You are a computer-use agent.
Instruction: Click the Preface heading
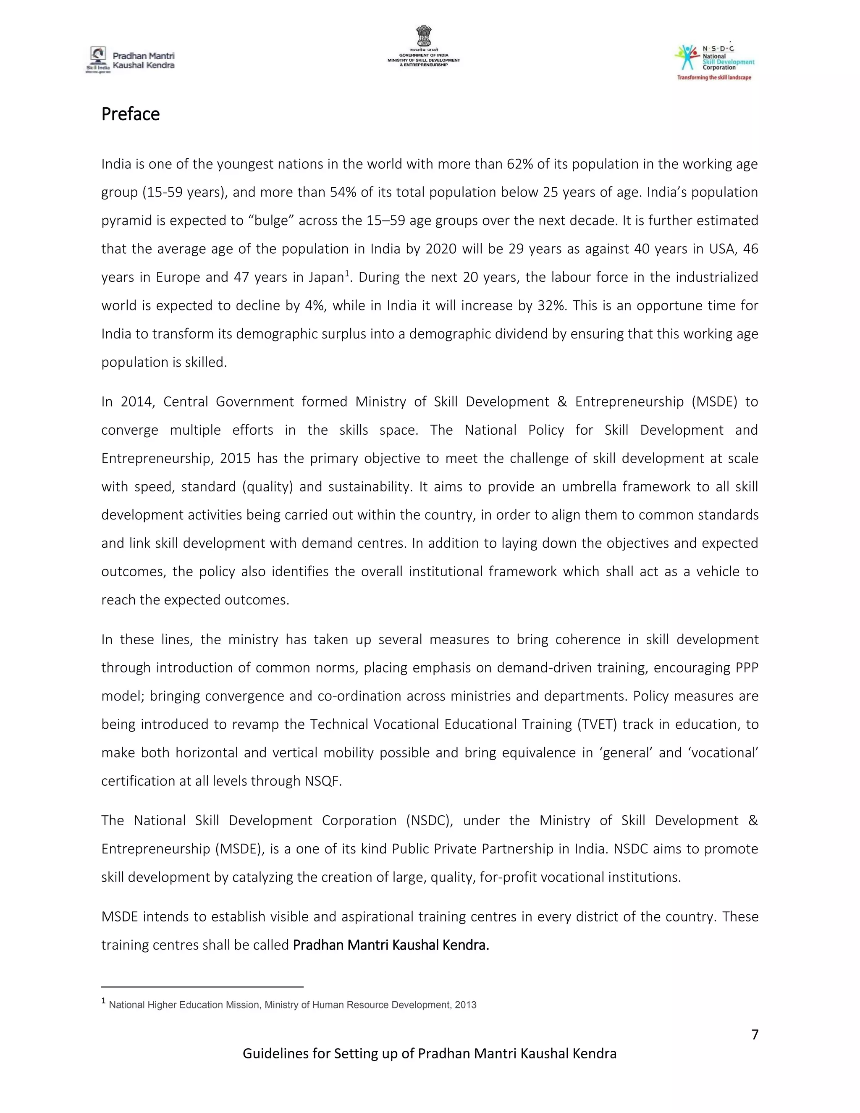pyautogui.click(x=131, y=114)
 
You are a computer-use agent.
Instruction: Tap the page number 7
pyautogui.click(x=755, y=1034)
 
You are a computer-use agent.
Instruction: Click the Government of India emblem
pyautogui.click(x=423, y=37)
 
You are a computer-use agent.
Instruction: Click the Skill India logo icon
pyautogui.click(x=97, y=56)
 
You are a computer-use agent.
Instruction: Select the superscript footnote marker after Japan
pyautogui.click(x=347, y=274)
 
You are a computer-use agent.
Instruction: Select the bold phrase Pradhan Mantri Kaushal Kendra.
pyautogui.click(x=391, y=945)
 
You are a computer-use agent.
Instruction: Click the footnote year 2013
pyautogui.click(x=466, y=1005)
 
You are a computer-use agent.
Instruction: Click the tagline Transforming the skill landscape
pyautogui.click(x=714, y=77)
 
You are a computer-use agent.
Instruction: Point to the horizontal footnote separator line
pyautogui.click(x=202, y=987)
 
